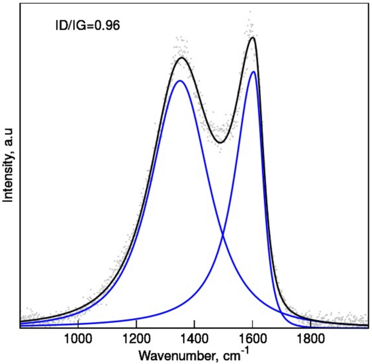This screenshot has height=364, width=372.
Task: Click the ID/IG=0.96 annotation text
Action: coord(85,24)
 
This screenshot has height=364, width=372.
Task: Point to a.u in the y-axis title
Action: coord(8,137)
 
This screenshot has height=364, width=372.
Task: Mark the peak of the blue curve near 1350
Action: coord(180,81)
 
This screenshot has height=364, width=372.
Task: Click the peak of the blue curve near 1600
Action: coord(253,71)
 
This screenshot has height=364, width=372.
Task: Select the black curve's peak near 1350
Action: coord(182,58)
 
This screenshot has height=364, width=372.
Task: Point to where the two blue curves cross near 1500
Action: coord(223,235)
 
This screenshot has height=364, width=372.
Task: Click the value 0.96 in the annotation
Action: coord(109,24)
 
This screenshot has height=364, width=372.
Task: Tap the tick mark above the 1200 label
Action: coord(136,325)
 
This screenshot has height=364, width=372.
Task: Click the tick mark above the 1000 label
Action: coord(78,325)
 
